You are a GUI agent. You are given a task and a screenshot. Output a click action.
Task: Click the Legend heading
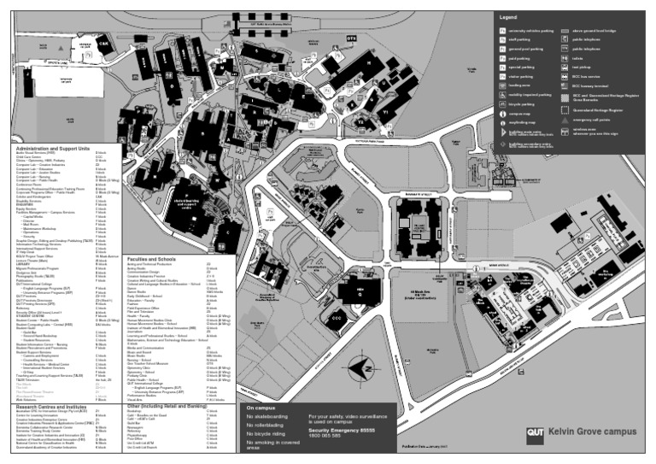click(508, 17)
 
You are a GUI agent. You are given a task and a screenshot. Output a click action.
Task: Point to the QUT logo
click(536, 432)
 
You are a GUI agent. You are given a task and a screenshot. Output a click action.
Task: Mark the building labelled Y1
click(385, 112)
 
